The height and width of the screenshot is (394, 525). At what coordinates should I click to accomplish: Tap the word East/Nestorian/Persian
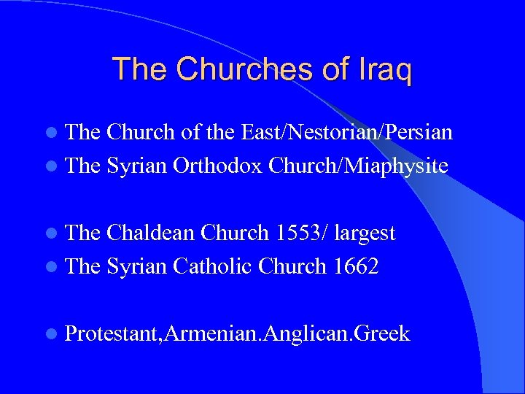(343, 132)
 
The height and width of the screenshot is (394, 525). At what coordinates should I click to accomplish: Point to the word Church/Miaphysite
(358, 166)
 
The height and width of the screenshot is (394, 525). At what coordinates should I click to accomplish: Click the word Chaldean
(151, 233)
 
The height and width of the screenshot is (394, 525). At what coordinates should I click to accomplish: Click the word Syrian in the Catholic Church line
(137, 267)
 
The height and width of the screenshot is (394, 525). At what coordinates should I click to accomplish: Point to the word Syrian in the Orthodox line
(137, 166)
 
